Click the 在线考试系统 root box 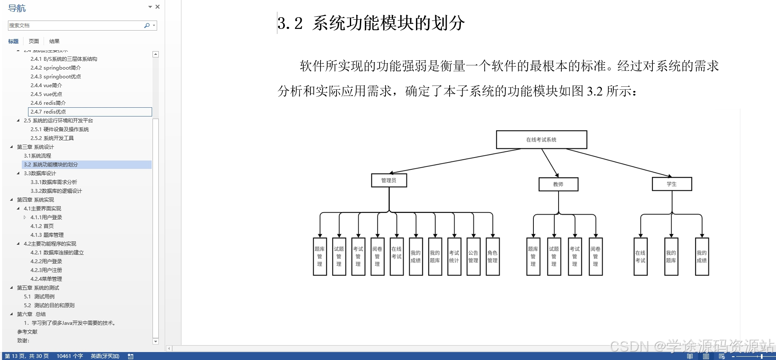pos(541,140)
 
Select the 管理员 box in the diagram pos(389,180)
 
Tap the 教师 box pos(558,184)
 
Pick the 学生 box pos(672,184)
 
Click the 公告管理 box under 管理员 pos(473,256)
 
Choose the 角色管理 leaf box pos(492,256)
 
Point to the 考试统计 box pos(454,256)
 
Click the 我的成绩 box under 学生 pos(702,256)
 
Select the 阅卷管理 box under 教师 pos(595,256)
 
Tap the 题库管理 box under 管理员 pos(320,256)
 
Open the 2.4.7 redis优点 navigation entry pos(48,112)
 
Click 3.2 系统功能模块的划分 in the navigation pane pos(51,165)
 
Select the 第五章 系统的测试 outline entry pos(38,288)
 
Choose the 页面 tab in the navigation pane pos(34,41)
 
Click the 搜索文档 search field pos(75,26)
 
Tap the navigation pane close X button pos(158,7)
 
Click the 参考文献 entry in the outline pos(27,332)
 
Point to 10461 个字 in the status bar pos(70,356)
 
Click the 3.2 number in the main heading pos(290,23)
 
